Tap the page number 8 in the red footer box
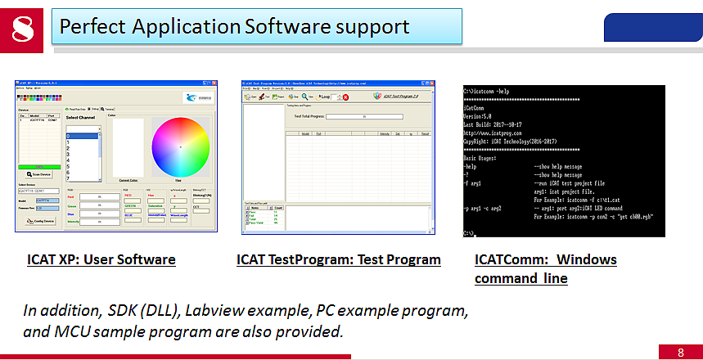pyautogui.click(x=680, y=353)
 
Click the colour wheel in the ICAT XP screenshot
pyautogui.click(x=180, y=146)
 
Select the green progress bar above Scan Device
pyautogui.click(x=36, y=166)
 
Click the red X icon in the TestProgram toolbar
pyautogui.click(x=346, y=97)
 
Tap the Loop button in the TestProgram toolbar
pyautogui.click(x=322, y=97)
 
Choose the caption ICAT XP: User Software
pyautogui.click(x=101, y=260)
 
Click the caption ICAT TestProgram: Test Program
pyautogui.click(x=338, y=260)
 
